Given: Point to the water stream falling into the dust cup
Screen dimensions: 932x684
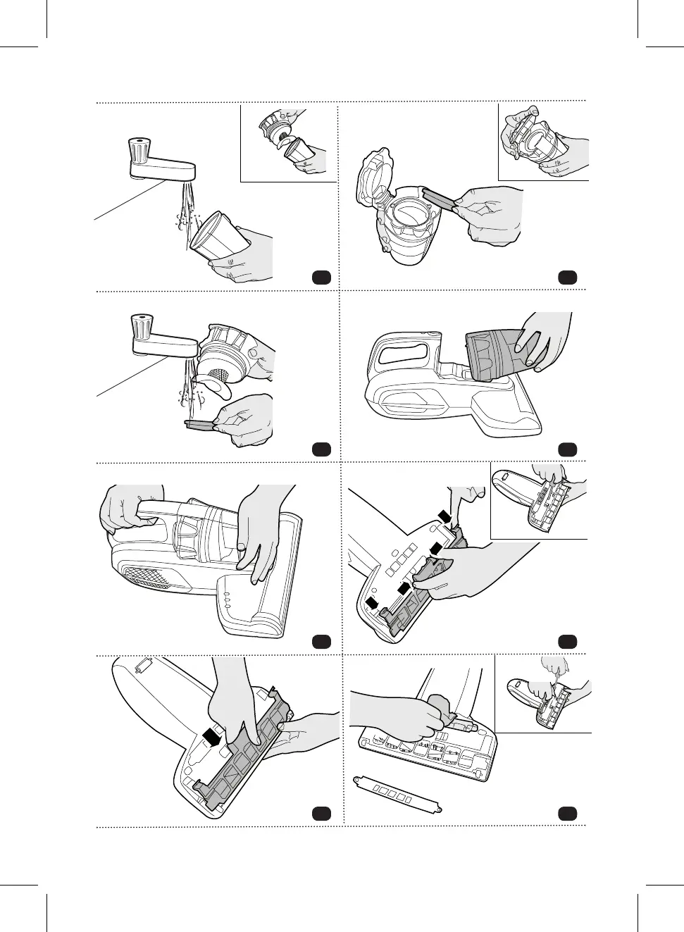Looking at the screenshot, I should pos(186,211).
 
